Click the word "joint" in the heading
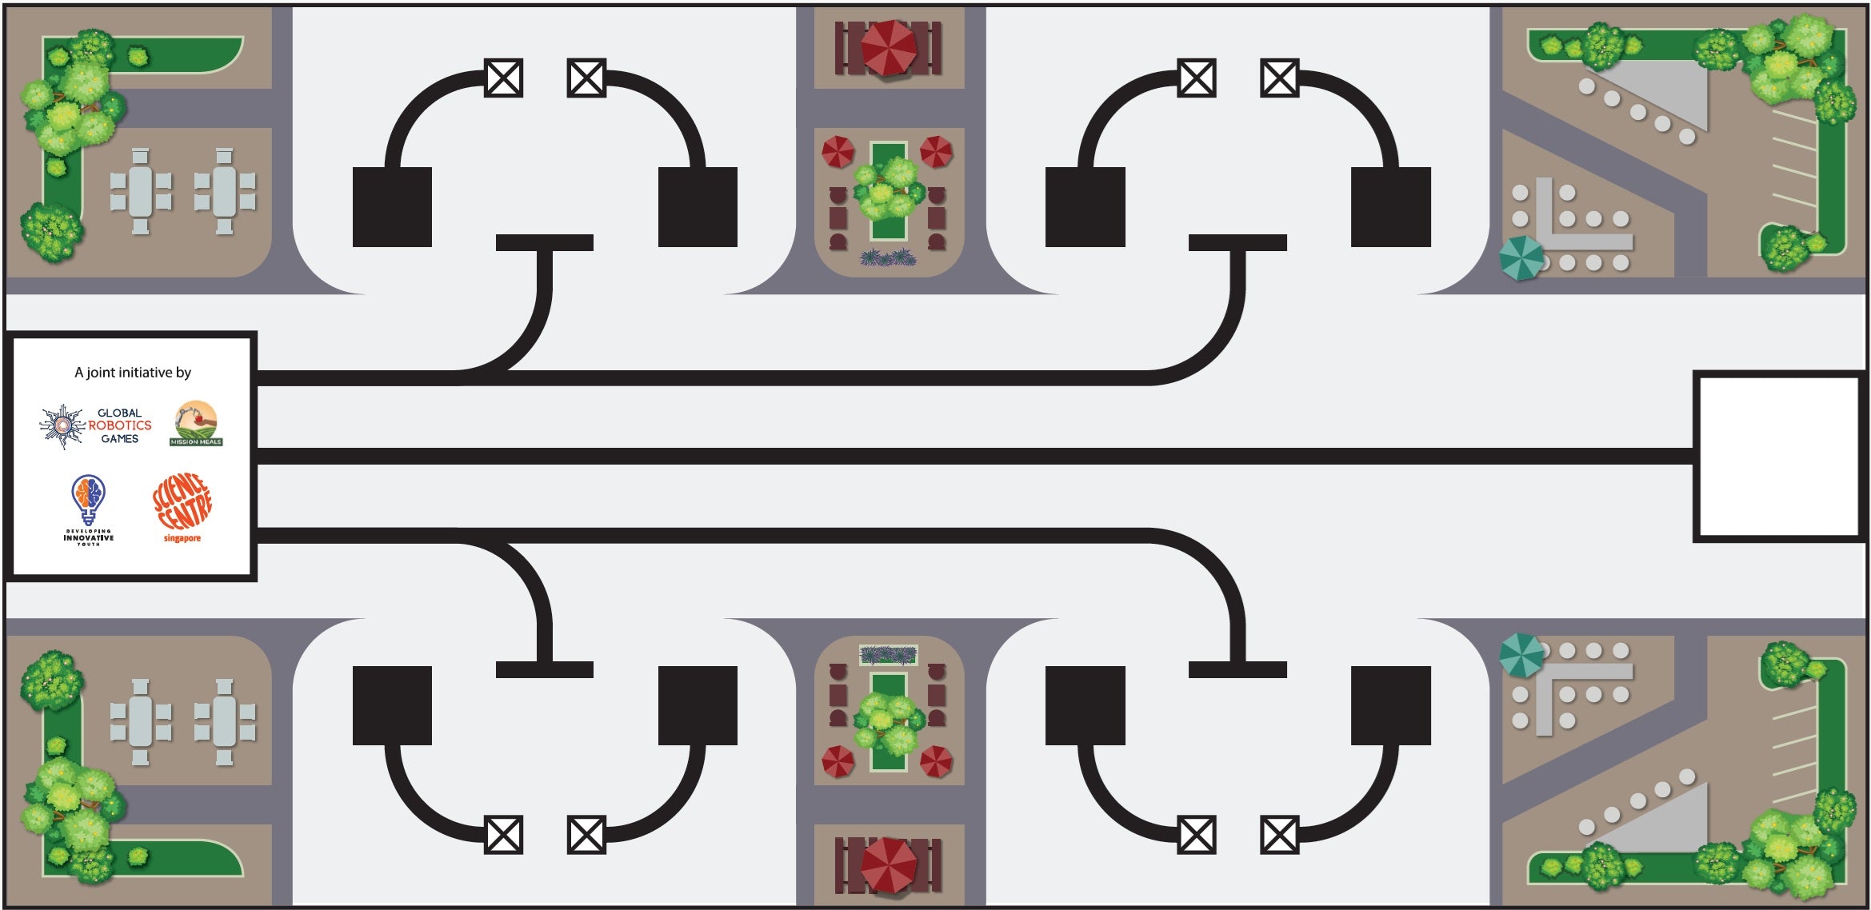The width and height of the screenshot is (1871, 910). (100, 373)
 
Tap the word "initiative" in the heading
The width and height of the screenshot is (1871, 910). (145, 373)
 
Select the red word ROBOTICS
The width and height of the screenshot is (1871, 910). (120, 425)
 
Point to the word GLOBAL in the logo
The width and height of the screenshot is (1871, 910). (119, 413)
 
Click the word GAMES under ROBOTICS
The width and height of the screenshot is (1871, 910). (120, 439)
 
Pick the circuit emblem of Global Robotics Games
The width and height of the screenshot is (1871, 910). (62, 425)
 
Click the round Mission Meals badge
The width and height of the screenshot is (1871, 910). (196, 423)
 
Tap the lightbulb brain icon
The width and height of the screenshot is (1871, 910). (88, 497)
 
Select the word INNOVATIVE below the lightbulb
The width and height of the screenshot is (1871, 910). (88, 538)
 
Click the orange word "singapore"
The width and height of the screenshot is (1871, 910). (182, 539)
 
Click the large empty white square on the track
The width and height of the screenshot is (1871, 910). (1777, 456)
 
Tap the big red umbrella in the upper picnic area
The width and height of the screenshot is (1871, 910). (888, 47)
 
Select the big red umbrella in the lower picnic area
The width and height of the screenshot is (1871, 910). (888, 864)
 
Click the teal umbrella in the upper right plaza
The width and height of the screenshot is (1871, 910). (1521, 257)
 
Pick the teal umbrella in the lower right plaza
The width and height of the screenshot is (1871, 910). (1521, 654)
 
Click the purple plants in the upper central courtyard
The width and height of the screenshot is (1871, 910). (888, 257)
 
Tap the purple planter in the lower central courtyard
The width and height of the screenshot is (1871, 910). (888, 656)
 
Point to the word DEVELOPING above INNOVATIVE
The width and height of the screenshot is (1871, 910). (88, 531)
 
